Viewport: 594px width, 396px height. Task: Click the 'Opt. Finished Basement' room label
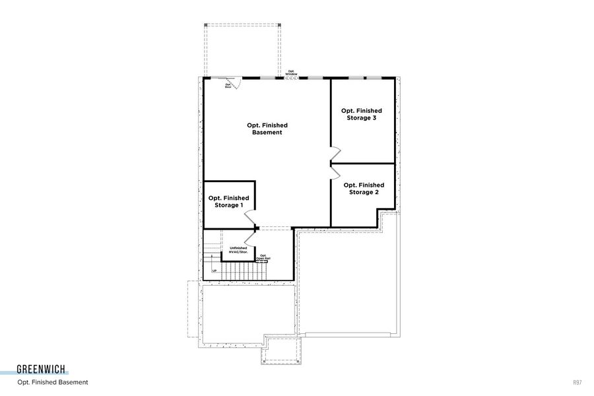point(267,129)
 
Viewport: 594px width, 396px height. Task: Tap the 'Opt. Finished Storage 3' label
point(361,114)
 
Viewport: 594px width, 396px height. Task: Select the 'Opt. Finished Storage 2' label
point(364,189)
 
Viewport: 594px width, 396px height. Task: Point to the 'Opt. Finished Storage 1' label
point(228,201)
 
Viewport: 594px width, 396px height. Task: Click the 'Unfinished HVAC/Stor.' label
point(238,250)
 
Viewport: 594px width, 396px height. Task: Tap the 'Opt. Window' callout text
point(291,73)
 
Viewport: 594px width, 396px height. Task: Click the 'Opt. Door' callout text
point(228,85)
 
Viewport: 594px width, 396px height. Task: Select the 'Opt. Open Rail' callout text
point(263,257)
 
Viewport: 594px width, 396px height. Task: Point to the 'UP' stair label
point(214,271)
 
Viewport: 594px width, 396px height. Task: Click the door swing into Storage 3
point(335,154)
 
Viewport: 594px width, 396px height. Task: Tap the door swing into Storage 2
point(335,171)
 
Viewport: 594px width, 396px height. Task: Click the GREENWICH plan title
point(42,370)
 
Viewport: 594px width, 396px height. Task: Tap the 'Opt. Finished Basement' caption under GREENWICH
point(53,382)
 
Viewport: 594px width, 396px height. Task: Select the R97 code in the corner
point(577,382)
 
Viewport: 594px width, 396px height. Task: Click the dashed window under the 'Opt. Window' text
point(291,79)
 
